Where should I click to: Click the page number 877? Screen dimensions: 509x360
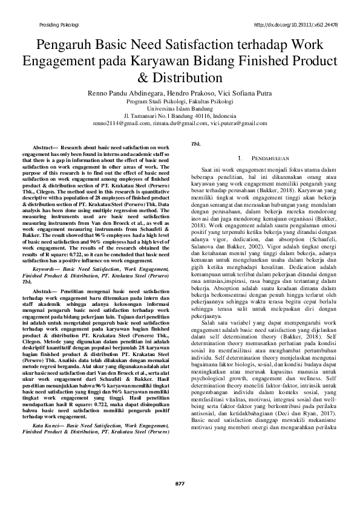[x=180, y=484]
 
